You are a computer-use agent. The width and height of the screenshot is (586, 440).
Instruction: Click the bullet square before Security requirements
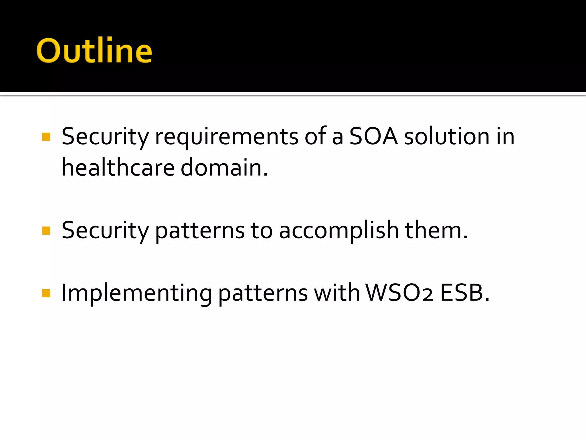[46, 137]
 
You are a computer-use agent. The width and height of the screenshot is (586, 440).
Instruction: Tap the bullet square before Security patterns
[46, 230]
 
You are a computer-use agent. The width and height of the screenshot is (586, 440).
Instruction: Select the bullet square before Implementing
[46, 293]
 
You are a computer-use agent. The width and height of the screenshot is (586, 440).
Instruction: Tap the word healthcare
[118, 168]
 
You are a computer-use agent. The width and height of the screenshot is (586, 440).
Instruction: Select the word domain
[224, 168]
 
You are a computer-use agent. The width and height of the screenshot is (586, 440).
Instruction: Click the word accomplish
[338, 231]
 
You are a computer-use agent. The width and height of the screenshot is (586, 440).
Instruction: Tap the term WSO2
[399, 293]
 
